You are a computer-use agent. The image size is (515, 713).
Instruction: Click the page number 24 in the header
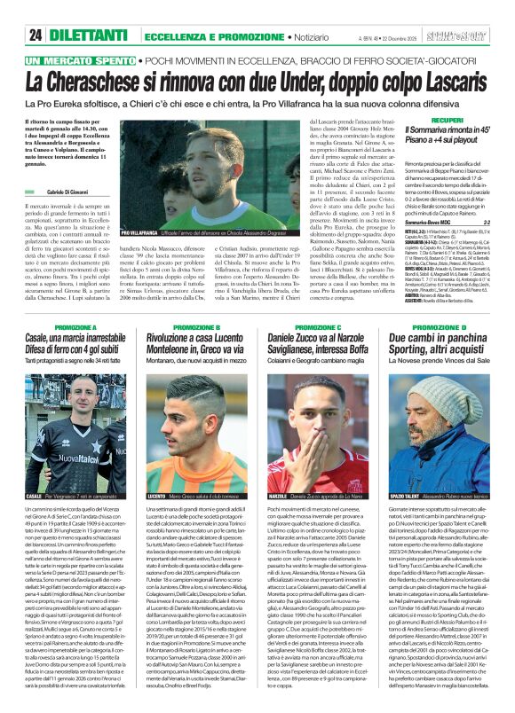pyautogui.click(x=36, y=34)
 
